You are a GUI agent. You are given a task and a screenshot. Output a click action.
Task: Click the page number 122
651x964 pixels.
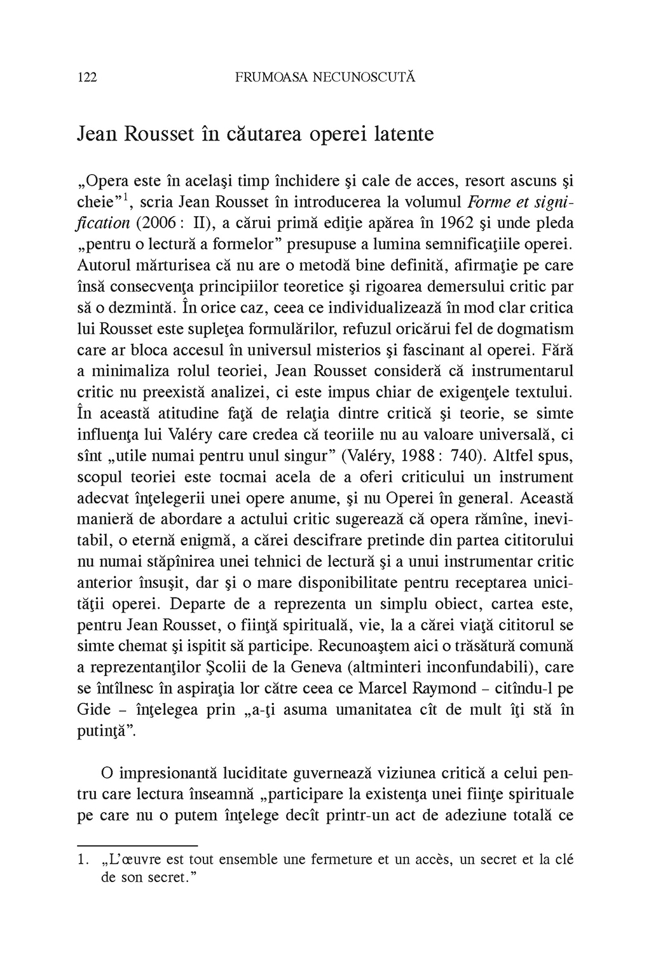click(86, 78)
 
